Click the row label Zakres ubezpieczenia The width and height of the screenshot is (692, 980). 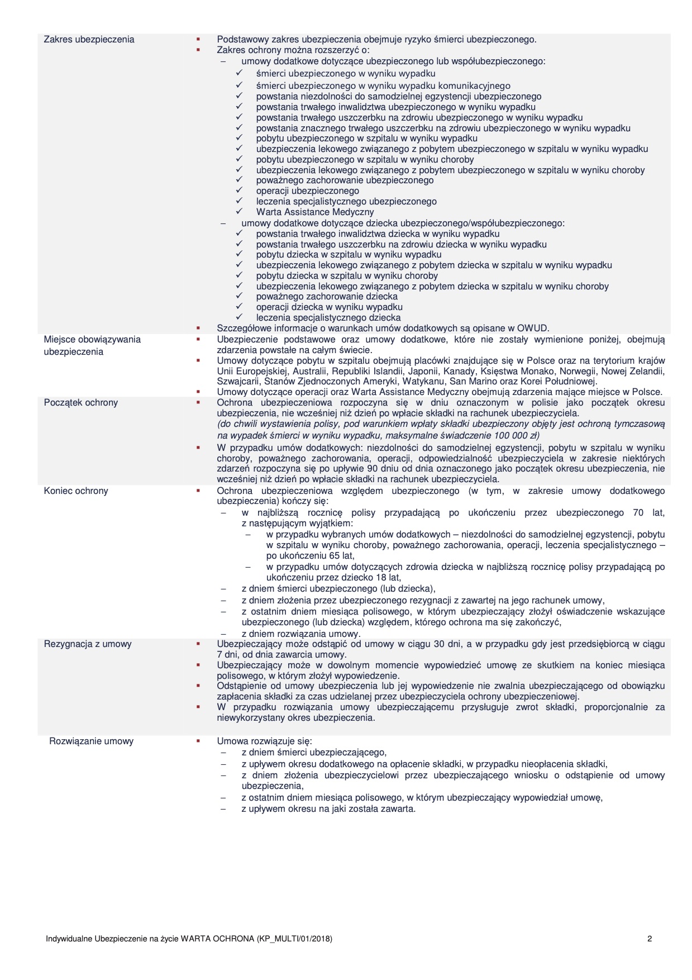point(89,39)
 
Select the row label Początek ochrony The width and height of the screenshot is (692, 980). point(81,402)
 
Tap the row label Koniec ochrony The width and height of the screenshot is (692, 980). point(76,491)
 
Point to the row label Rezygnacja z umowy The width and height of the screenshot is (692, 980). point(88,644)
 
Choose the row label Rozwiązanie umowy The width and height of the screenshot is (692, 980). point(92,741)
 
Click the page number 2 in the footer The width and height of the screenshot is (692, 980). point(650,939)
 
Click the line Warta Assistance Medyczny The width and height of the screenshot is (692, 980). point(315,212)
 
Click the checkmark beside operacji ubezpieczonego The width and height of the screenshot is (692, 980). point(239,191)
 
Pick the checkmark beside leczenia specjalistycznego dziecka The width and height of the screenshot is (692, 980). point(239,317)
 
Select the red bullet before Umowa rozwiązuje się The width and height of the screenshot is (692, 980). point(198,741)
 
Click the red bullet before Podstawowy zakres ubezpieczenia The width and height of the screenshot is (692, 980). point(198,39)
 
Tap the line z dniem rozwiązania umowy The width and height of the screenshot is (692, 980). point(301,634)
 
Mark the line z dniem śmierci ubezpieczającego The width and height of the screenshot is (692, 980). point(314,752)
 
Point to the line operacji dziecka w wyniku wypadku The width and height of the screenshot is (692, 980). point(330,307)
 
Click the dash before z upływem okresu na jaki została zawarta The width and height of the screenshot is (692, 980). point(223,809)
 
